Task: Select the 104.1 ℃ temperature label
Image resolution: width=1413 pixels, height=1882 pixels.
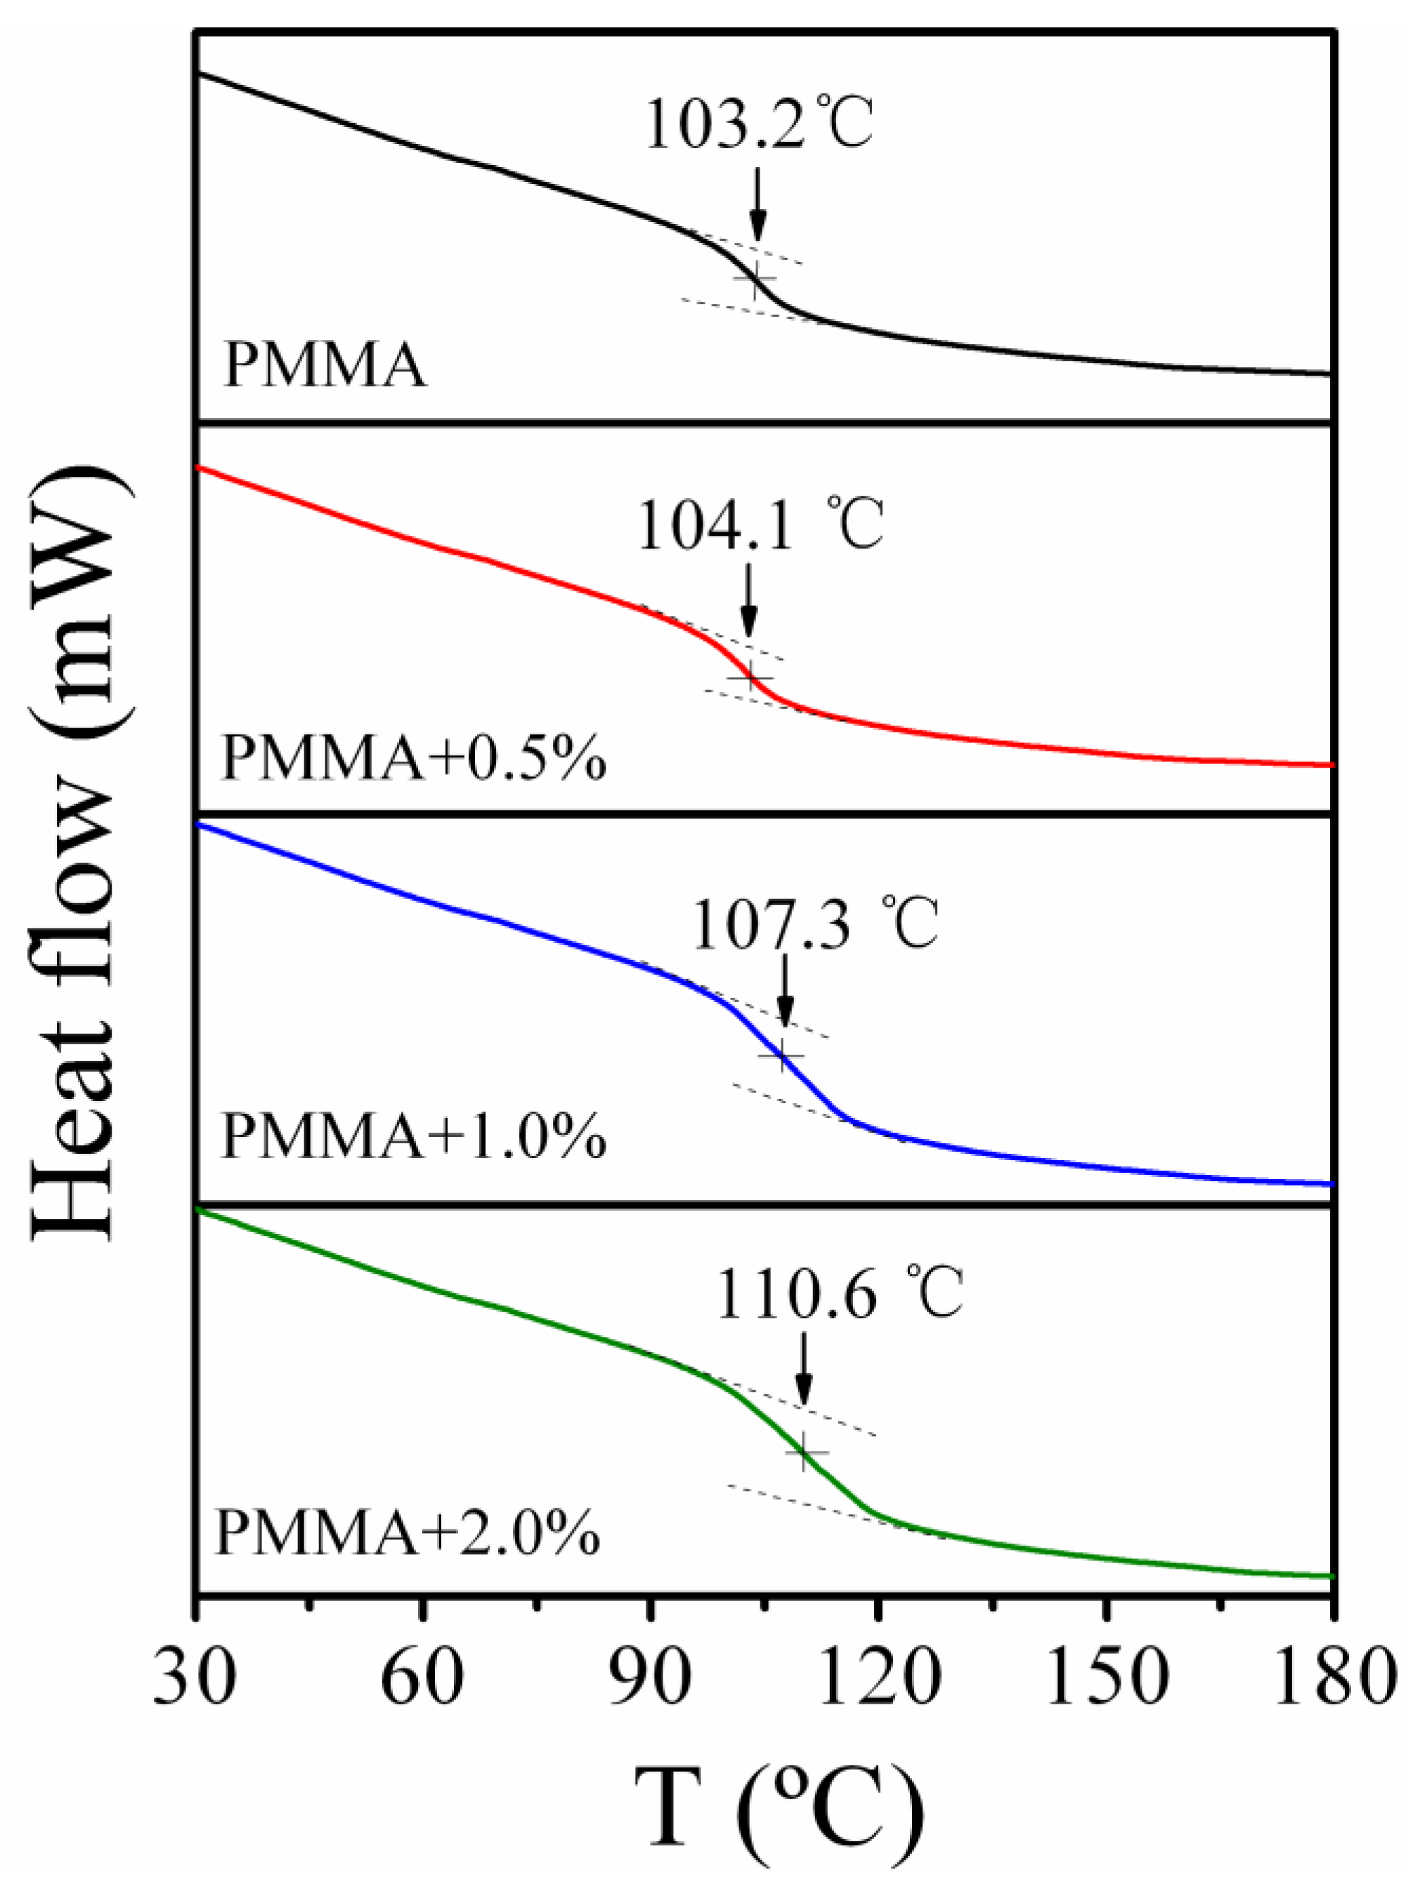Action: [760, 525]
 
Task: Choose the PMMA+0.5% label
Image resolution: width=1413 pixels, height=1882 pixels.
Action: [414, 760]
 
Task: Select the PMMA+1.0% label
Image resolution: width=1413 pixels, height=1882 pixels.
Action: [414, 1138]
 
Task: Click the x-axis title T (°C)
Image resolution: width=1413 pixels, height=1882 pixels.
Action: [778, 1812]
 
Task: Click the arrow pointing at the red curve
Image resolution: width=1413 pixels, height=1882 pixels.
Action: [748, 600]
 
